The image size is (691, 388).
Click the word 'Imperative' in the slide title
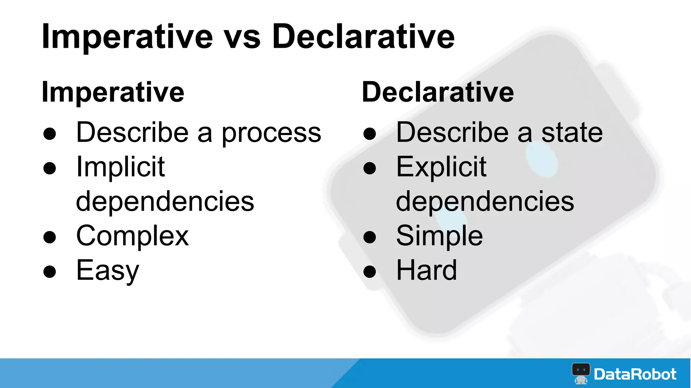pos(127,37)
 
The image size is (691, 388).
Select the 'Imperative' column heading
pos(113,92)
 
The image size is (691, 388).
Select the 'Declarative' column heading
pos(438,92)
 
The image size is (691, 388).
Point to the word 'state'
pos(572,133)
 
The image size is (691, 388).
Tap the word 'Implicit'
pos(120,167)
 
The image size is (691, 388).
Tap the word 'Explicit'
pos(441,167)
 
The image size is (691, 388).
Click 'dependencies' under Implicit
pos(165,201)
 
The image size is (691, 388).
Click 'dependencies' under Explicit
pos(485,201)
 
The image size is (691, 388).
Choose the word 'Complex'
pos(132,236)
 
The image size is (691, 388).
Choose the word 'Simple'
pos(439,236)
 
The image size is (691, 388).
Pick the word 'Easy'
pos(108,271)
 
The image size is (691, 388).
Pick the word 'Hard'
pos(426,270)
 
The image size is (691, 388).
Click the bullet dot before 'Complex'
pos(50,237)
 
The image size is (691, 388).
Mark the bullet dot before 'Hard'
pos(369,272)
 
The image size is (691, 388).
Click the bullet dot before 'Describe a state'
pos(369,134)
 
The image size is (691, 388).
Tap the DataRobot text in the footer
pos(635,374)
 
